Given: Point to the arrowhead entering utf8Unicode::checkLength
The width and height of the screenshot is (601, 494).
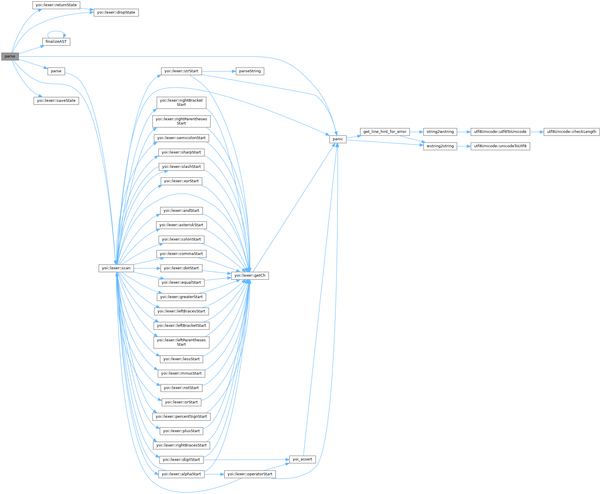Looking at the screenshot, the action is [544, 132].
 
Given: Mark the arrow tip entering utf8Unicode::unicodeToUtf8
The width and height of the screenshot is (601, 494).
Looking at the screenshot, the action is [471, 146].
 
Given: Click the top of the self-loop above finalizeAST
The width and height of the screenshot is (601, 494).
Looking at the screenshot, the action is [56, 31].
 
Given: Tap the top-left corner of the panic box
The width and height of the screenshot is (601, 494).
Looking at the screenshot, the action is [330, 136].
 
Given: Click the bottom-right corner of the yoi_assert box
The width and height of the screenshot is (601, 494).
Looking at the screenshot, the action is [316, 463].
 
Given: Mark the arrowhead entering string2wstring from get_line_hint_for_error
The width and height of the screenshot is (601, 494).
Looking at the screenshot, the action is [423, 132].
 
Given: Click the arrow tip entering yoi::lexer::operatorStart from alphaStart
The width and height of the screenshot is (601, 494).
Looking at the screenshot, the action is [224, 474].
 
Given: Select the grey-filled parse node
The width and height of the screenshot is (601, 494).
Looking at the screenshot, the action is [10, 57].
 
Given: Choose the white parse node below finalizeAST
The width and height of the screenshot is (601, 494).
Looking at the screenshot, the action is [56, 71].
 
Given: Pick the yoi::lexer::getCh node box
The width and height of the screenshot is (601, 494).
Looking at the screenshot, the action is [250, 275].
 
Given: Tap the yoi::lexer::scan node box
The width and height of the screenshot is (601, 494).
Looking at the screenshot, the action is [116, 268].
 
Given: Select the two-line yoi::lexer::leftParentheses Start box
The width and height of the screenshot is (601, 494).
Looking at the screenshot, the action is [181, 342].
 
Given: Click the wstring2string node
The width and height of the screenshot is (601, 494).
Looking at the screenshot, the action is [440, 146].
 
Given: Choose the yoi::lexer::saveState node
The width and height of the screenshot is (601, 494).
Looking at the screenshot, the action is [56, 101].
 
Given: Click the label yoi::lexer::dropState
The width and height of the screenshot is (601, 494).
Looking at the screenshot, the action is [116, 13].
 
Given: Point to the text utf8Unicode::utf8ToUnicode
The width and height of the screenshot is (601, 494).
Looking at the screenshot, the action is [500, 132].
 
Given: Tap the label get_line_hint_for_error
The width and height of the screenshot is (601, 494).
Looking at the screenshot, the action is [385, 132].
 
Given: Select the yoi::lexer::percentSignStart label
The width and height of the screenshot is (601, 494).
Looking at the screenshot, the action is [181, 416].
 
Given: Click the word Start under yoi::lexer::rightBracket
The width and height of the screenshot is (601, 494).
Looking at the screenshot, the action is [181, 105].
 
